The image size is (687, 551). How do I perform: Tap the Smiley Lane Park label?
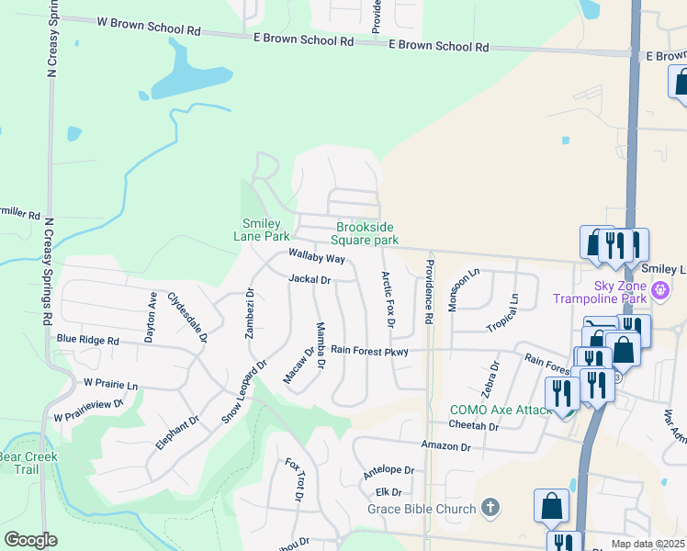point(265,229)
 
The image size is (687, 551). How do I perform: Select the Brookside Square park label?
point(366,233)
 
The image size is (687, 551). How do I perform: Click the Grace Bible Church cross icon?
point(491,508)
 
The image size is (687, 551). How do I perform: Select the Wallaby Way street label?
point(316,256)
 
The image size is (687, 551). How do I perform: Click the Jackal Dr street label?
point(309,278)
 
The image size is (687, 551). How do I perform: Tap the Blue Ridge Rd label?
point(88,340)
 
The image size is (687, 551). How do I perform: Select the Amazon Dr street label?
point(445,445)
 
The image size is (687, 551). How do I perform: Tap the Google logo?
point(30,540)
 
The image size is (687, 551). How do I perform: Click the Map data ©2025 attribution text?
point(647,545)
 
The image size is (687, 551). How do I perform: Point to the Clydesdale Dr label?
point(186,318)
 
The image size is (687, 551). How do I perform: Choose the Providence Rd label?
point(429,291)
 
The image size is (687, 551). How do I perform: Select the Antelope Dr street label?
point(389,470)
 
